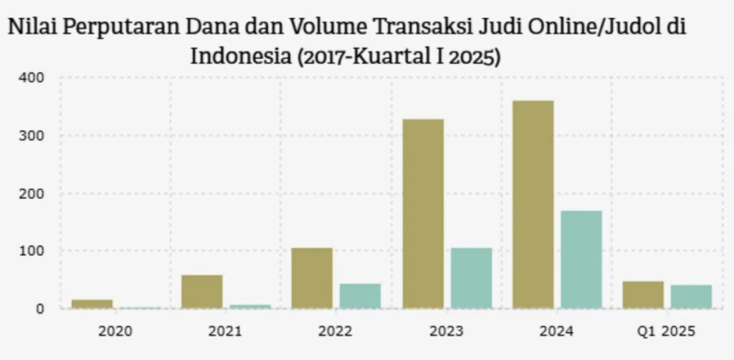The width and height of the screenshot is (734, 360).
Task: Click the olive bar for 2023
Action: [x=423, y=214]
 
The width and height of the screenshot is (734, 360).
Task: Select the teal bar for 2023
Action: [x=471, y=278]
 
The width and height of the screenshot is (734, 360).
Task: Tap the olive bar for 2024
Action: [x=533, y=204]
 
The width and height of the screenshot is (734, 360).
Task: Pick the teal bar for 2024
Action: [x=581, y=260]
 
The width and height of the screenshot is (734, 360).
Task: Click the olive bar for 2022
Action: [x=312, y=278]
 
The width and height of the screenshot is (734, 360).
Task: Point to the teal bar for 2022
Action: [x=360, y=296]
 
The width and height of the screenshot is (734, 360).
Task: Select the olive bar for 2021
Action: [x=202, y=292]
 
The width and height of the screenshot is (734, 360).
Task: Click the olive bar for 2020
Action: [x=92, y=304]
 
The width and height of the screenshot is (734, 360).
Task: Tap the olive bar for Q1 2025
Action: [x=643, y=295]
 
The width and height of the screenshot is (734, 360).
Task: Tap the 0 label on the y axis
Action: [x=40, y=309]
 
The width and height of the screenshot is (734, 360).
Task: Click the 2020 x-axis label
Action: [x=115, y=331]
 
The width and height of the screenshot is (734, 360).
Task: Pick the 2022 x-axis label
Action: [x=335, y=331]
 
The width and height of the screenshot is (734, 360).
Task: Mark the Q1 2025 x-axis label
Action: [x=667, y=331]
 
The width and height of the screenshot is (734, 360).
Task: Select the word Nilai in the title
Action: [x=32, y=29]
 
